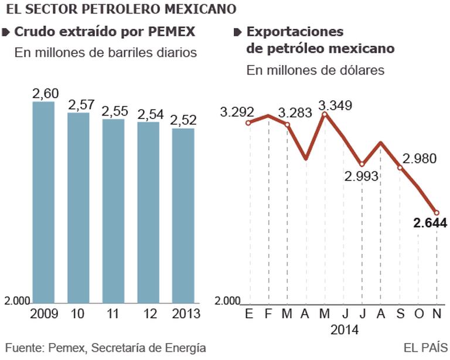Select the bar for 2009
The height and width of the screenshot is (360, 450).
[x=43, y=202]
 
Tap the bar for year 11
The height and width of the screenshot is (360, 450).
[x=113, y=211]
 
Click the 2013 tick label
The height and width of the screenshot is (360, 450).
[x=183, y=315]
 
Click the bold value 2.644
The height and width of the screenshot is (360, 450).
[x=429, y=223]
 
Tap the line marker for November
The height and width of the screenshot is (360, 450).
[x=437, y=212]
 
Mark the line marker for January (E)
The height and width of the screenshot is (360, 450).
[x=249, y=123]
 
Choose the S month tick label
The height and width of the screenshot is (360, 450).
[x=400, y=315]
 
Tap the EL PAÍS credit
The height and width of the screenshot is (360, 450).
[x=426, y=348]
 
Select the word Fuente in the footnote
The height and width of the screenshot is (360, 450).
[x=24, y=348]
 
